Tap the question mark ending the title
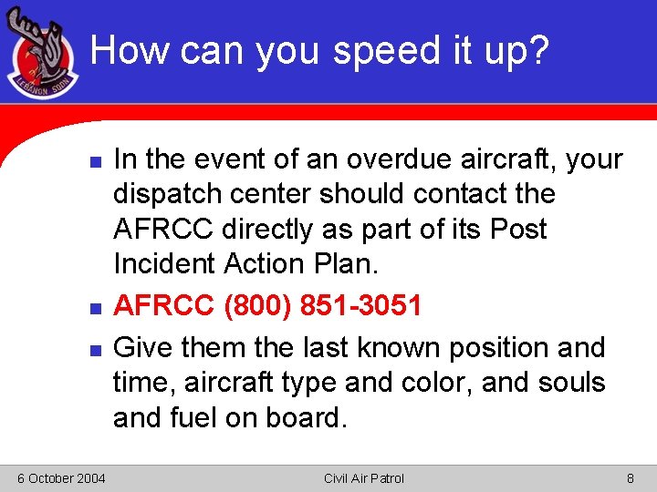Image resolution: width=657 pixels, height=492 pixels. point(538,51)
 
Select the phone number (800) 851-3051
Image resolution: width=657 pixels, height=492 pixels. point(323,305)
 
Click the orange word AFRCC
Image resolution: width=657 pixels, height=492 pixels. point(164,305)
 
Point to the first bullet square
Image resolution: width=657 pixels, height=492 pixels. point(82,159)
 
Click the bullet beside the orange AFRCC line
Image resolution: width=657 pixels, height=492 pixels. point(82,306)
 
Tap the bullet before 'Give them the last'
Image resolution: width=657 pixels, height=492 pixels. point(82,348)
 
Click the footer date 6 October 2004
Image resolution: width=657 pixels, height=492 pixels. point(60,478)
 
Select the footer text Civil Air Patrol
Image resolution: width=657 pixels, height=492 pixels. point(364,478)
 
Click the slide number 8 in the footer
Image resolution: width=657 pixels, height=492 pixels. point(630,478)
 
